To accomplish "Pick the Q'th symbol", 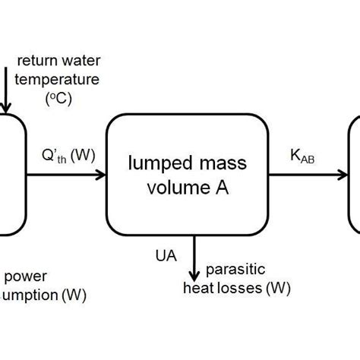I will pyautogui.click(x=55, y=156).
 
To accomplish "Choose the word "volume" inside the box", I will pyautogui.click(x=174, y=185).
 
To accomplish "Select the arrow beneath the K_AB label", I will pyautogui.click(x=304, y=175).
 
